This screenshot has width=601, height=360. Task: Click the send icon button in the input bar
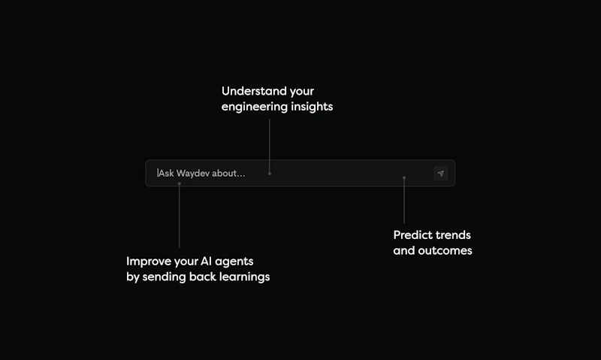(441, 174)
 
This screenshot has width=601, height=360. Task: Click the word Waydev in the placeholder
(193, 174)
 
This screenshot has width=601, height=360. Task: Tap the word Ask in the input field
(166, 174)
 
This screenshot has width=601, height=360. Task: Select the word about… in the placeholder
(229, 174)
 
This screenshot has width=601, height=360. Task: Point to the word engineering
(254, 107)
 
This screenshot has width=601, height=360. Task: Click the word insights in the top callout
(311, 107)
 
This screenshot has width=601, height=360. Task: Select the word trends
(453, 235)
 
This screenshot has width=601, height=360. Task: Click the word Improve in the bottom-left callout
(148, 262)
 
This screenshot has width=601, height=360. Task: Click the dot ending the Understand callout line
(270, 174)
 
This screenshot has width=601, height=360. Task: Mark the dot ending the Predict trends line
(404, 178)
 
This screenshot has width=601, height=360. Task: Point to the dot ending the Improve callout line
(179, 183)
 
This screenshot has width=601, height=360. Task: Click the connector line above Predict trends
(404, 201)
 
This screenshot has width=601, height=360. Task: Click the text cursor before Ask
(158, 174)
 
